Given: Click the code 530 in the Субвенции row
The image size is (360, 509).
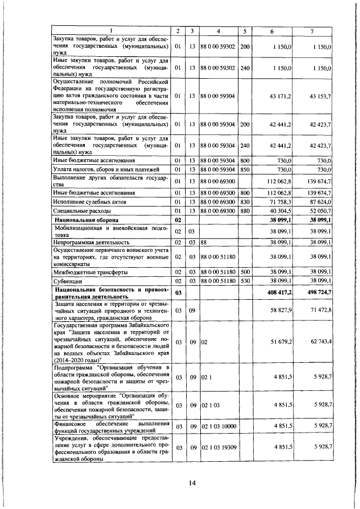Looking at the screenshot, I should (245, 280).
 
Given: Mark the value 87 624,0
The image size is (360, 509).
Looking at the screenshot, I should (321, 201).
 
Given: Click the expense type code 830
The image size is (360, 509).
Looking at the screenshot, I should (245, 201).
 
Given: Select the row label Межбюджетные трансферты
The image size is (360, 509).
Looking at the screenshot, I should (84, 271).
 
